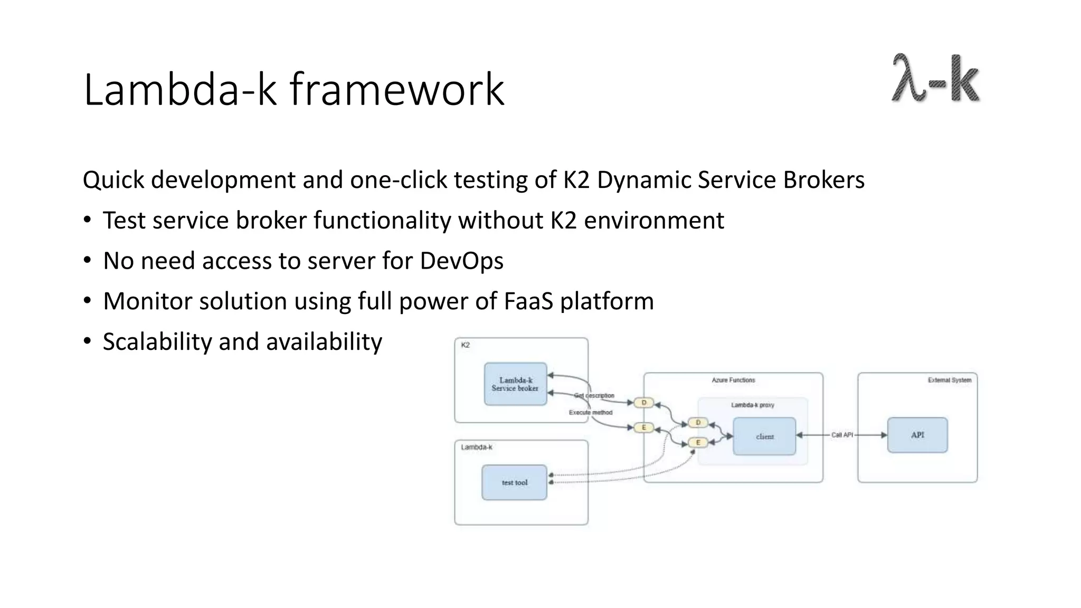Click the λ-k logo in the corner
coord(935,78)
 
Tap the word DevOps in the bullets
coord(461,261)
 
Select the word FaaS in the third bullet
coord(528,301)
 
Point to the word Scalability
coord(157,342)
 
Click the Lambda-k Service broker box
coord(515,384)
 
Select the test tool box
coord(514,482)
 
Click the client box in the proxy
coord(764,436)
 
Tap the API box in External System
coord(917,435)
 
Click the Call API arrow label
coord(842,435)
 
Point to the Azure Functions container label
coord(733,380)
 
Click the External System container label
coord(949,380)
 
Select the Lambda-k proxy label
coord(752,405)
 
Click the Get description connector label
coord(594,395)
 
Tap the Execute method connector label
coord(591,412)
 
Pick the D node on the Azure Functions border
coord(643,403)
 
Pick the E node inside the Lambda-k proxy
coord(698,442)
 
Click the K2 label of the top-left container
coord(465,345)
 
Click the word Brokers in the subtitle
coord(823,180)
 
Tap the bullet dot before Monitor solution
coord(88,301)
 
